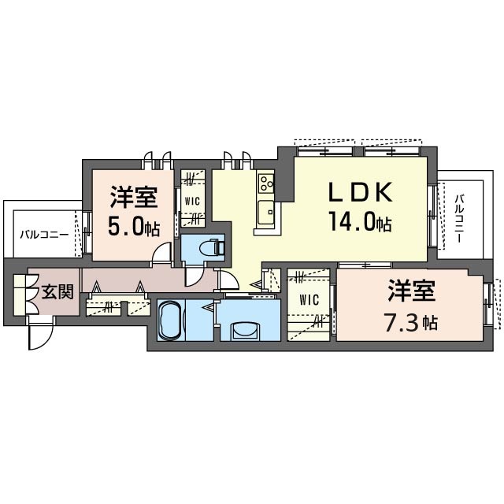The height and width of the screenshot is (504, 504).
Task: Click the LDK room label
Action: click(360, 192)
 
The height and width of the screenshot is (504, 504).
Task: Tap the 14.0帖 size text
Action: click(360, 221)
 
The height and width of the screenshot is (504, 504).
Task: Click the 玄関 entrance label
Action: click(57, 292)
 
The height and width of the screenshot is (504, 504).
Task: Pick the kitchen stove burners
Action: click(266, 183)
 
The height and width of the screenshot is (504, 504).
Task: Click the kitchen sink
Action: click(266, 210)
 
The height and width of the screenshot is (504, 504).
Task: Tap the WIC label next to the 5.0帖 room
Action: click(192, 202)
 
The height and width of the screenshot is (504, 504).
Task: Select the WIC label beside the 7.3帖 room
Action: click(309, 300)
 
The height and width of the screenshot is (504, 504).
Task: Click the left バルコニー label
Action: click(44, 235)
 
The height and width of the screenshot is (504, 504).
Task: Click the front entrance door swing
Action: click(40, 334)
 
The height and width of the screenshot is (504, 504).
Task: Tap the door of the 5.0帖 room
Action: click(161, 253)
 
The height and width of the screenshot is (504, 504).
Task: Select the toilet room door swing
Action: click(194, 274)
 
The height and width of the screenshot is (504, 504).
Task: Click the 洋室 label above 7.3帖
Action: click(411, 291)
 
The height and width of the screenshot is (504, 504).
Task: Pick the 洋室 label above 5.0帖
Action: click(134, 197)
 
